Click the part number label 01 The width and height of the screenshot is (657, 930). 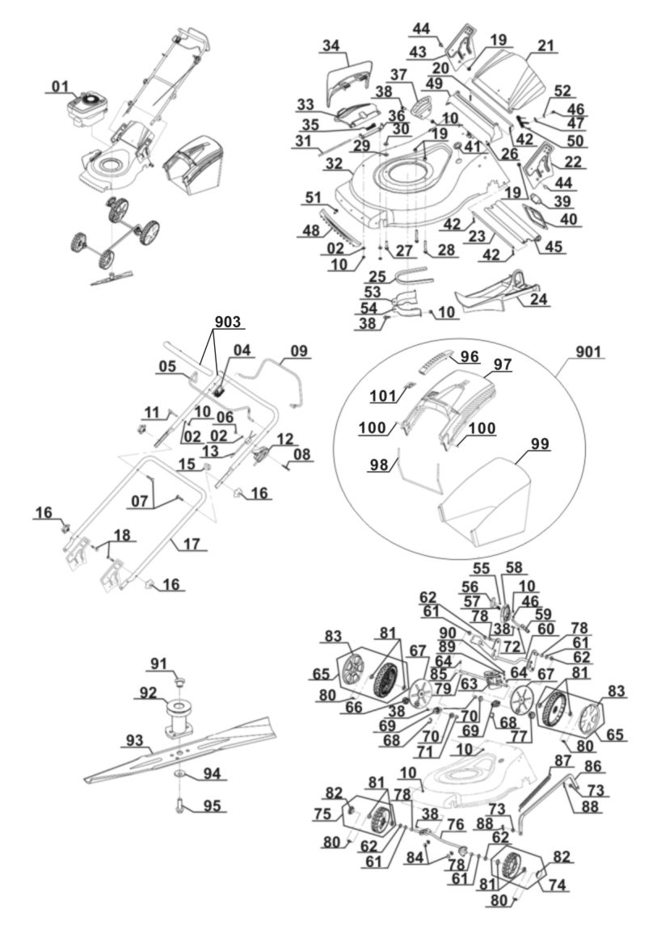[x=61, y=86]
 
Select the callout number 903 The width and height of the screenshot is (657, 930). [x=227, y=322]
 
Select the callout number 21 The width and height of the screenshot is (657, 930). [x=547, y=46]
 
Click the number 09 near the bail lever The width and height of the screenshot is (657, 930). [x=299, y=351]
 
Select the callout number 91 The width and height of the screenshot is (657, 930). [x=158, y=666]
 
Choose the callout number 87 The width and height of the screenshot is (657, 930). [x=563, y=761]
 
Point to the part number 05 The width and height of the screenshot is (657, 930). [x=167, y=365]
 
